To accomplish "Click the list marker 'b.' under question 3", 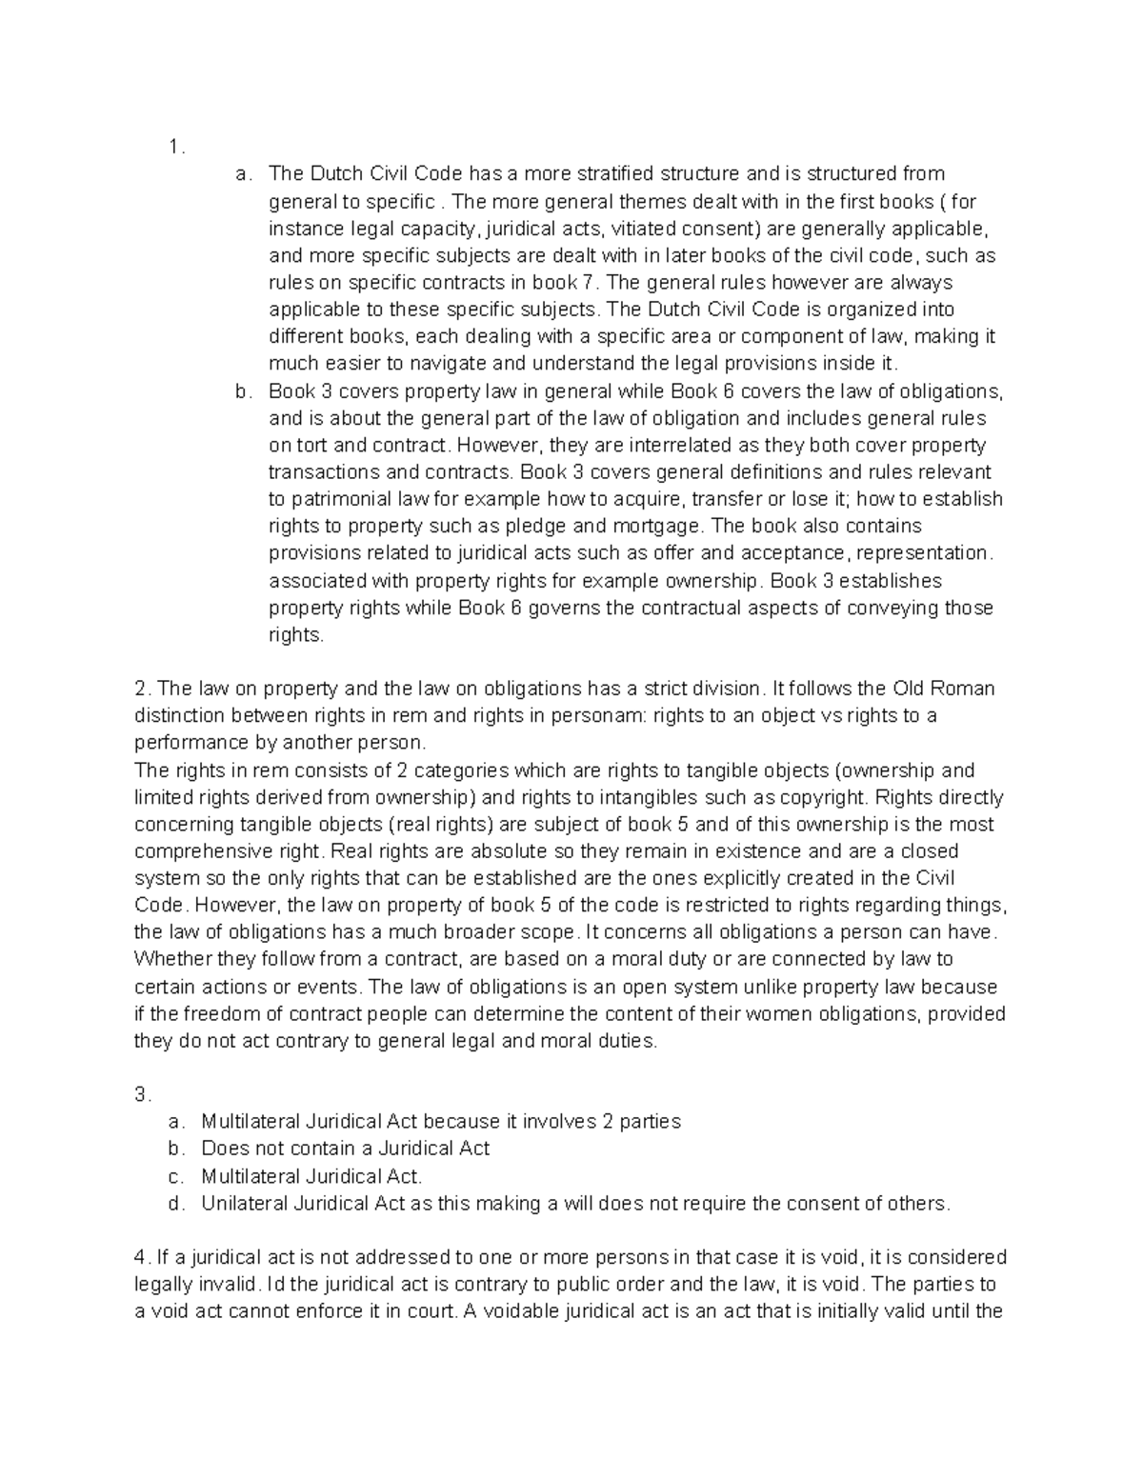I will (174, 1149).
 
